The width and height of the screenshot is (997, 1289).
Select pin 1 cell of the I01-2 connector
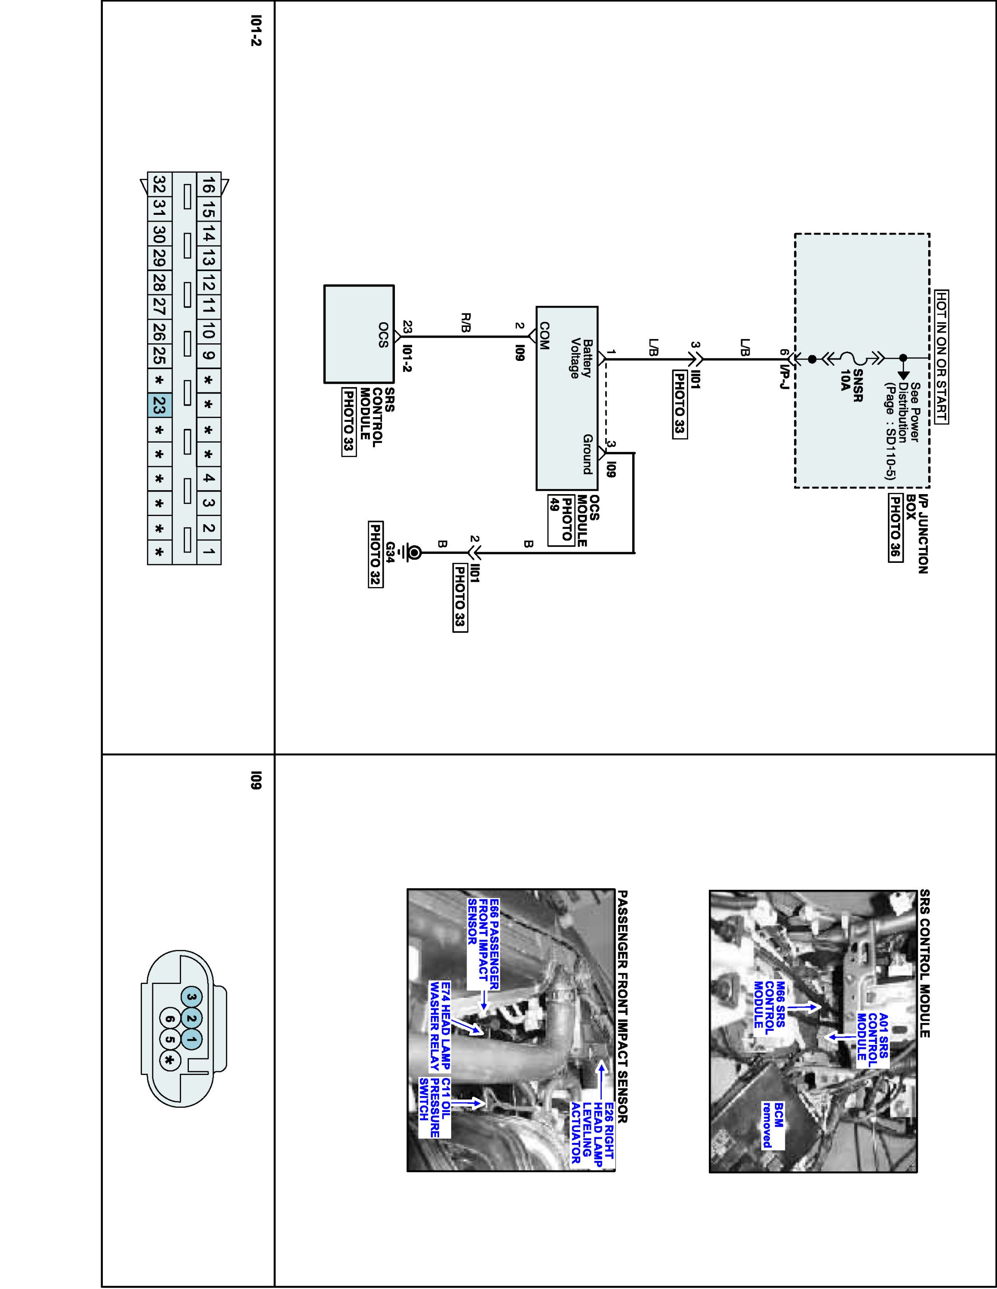tap(209, 553)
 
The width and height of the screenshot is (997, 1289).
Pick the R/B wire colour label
tap(465, 323)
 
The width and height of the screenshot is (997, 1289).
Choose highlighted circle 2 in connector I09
tap(191, 1018)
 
